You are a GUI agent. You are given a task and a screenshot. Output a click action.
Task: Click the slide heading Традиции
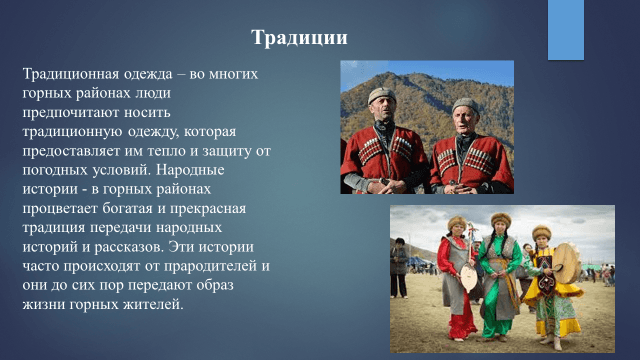click(x=299, y=38)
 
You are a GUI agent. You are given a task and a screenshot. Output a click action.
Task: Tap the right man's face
click(x=464, y=119)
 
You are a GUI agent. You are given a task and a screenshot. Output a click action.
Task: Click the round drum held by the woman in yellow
click(x=567, y=263)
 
